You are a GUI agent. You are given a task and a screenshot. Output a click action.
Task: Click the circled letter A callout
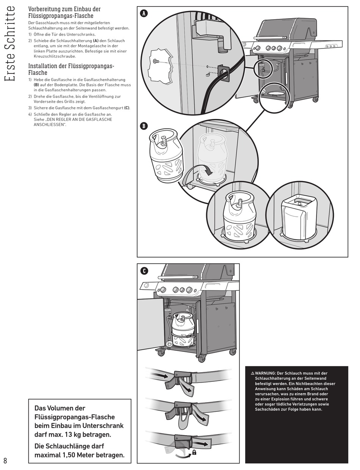coord(144,14)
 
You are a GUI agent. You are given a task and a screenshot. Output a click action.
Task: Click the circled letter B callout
coord(144,126)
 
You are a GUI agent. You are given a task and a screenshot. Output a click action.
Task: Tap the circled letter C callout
coord(144,271)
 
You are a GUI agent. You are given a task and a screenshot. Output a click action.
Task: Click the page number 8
coord(5,461)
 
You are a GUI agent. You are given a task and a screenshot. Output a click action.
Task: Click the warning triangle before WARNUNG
coord(252,373)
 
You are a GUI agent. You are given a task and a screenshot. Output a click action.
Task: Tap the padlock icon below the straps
coord(194,452)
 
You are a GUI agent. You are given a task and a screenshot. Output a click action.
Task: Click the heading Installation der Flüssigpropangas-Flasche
coord(71,69)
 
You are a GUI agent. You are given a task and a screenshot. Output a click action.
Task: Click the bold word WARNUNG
coord(265,373)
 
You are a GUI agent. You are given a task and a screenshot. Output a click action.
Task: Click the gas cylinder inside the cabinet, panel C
coord(183,329)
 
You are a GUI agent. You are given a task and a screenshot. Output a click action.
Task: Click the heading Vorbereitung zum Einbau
coord(64,12)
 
